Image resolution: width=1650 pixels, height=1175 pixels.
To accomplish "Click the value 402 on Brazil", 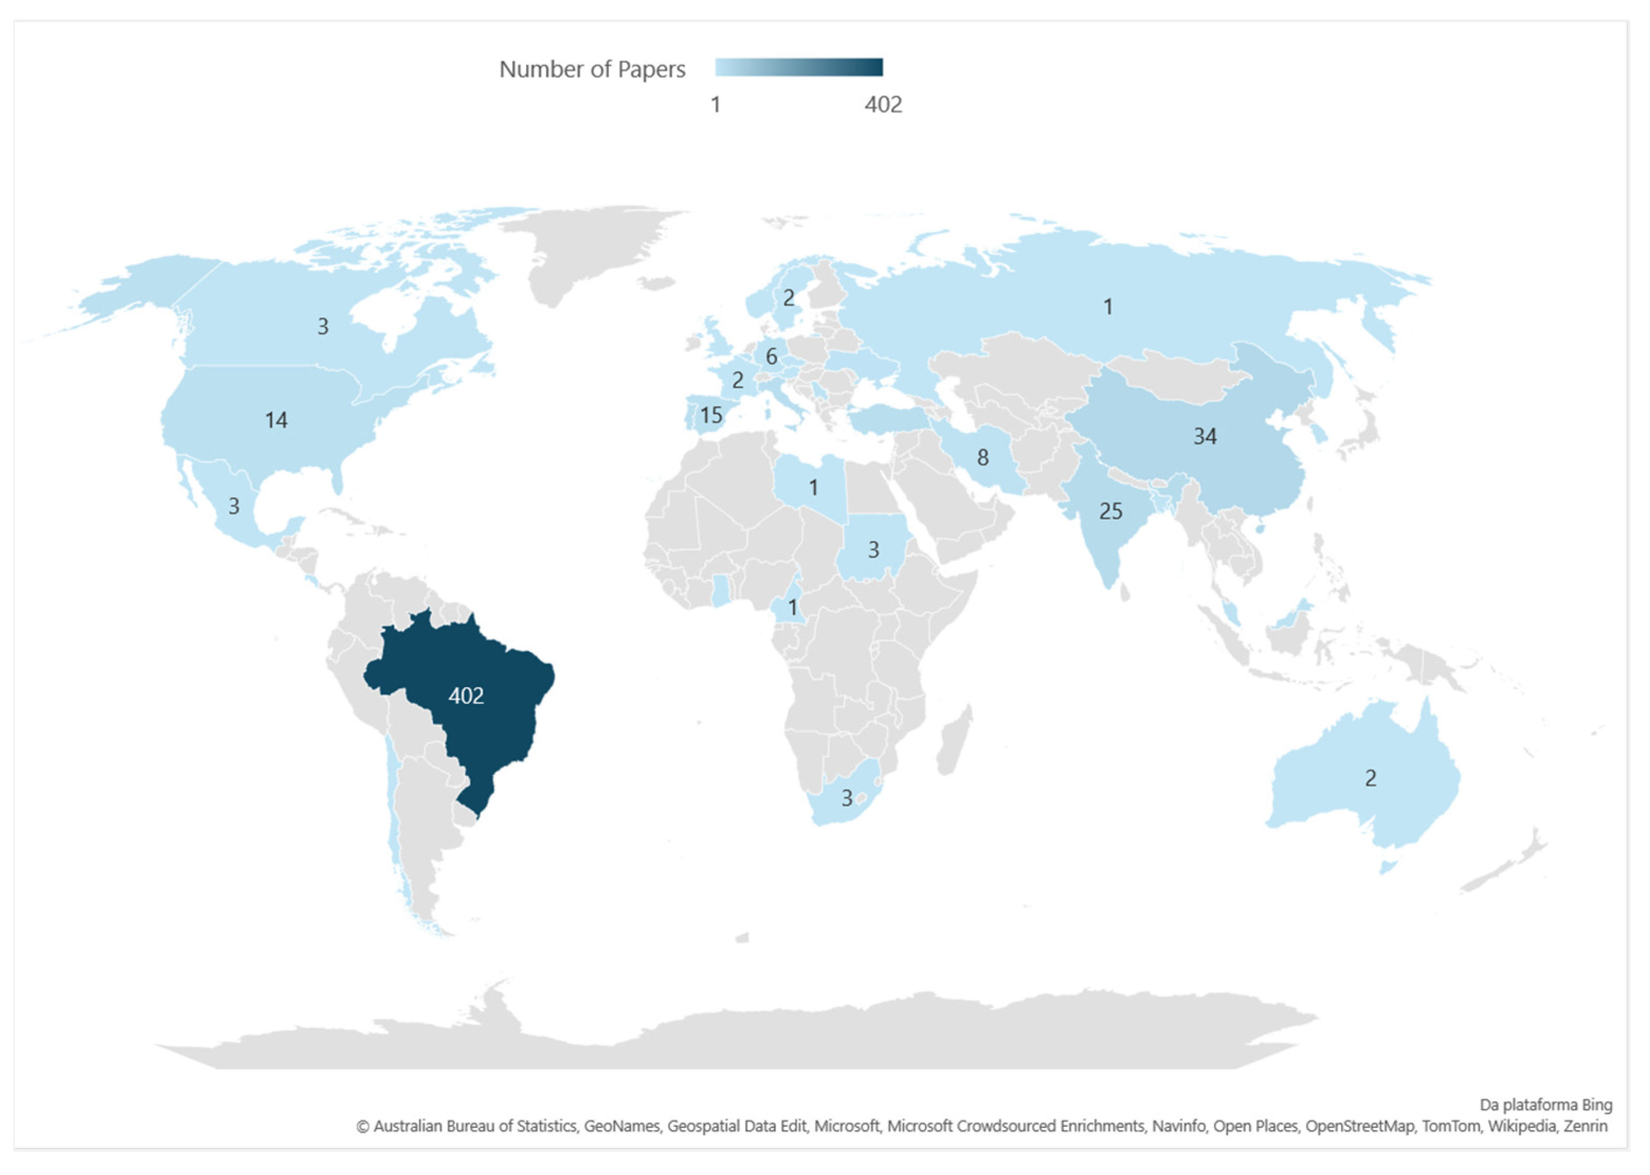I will [466, 696].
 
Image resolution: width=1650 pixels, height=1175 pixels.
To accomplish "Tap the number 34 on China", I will [1204, 436].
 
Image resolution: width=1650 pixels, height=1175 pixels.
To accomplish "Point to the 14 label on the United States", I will [276, 420].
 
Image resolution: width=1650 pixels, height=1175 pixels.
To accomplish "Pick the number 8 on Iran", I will [982, 457].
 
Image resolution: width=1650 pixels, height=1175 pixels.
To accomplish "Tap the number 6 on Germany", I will [771, 357].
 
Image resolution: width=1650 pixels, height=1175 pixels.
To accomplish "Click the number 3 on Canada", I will [323, 327].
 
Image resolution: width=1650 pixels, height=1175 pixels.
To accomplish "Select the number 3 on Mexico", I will [234, 506].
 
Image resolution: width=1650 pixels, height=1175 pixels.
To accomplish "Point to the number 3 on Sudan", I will [873, 550].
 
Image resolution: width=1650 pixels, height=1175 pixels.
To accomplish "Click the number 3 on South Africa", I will [846, 798].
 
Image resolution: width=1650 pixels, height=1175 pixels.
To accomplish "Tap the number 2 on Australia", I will [1370, 778].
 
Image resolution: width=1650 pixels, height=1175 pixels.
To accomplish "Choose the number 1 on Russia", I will [1108, 307].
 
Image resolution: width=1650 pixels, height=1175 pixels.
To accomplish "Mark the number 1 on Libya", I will [813, 487].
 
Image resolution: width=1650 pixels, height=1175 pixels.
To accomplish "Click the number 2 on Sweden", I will [788, 297].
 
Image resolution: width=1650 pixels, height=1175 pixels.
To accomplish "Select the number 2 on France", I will [737, 380].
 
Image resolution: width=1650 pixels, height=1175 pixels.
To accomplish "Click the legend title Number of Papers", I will [592, 69].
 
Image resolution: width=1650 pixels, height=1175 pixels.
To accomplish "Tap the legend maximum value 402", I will [883, 105].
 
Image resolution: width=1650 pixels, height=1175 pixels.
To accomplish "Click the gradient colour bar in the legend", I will [799, 67].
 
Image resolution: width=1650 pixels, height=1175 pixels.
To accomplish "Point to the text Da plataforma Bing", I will [1545, 1105].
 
